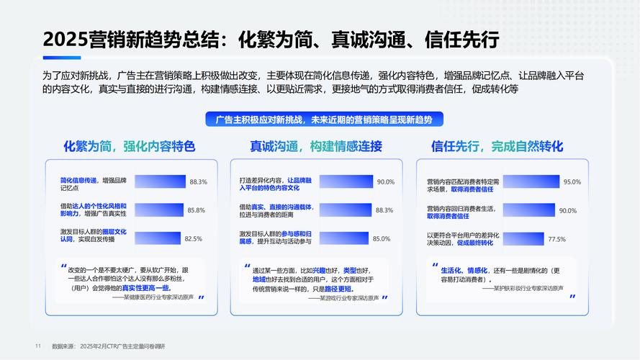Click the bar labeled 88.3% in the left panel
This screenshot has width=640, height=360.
[x=160, y=182]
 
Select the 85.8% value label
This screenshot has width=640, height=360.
[x=196, y=210]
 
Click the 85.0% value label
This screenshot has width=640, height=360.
[x=381, y=238]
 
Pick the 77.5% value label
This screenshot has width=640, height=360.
[x=556, y=238]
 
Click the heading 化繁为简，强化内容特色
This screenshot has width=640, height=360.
[x=130, y=147]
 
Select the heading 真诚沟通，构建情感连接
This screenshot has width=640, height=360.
[x=316, y=147]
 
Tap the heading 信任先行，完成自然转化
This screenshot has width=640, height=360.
[x=497, y=147]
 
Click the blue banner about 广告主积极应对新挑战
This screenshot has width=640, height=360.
[x=319, y=119]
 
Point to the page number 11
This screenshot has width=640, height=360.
[x=37, y=346]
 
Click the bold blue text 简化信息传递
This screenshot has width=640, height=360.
[x=78, y=179]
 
